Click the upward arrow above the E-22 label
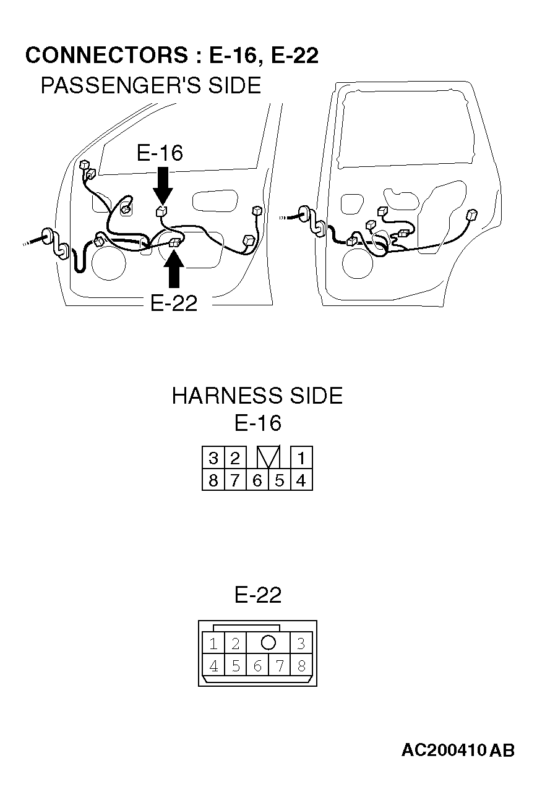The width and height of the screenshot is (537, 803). tap(174, 269)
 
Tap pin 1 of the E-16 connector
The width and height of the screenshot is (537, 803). tap(301, 457)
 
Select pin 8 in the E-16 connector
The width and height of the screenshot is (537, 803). tap(213, 480)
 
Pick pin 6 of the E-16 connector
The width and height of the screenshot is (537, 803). tap(257, 480)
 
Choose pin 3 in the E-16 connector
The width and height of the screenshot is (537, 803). tap(213, 457)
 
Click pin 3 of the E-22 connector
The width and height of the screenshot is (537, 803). tap(301, 644)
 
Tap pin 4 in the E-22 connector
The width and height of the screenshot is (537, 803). tap(213, 666)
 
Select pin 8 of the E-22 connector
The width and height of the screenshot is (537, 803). tap(301, 666)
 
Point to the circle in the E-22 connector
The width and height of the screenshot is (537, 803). tap(268, 642)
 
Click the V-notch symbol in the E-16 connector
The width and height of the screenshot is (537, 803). tap(268, 457)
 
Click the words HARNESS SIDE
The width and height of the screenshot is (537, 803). tap(257, 396)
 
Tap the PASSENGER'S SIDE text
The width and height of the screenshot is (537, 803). tap(151, 85)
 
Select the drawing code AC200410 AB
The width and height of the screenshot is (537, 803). tap(458, 750)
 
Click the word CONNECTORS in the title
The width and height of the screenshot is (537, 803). tap(106, 55)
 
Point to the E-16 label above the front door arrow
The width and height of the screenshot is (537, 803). tap(160, 153)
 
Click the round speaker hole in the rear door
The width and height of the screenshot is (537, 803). tap(358, 263)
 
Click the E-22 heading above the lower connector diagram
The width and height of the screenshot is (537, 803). tap(257, 595)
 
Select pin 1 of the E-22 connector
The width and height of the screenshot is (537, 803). tap(213, 644)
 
